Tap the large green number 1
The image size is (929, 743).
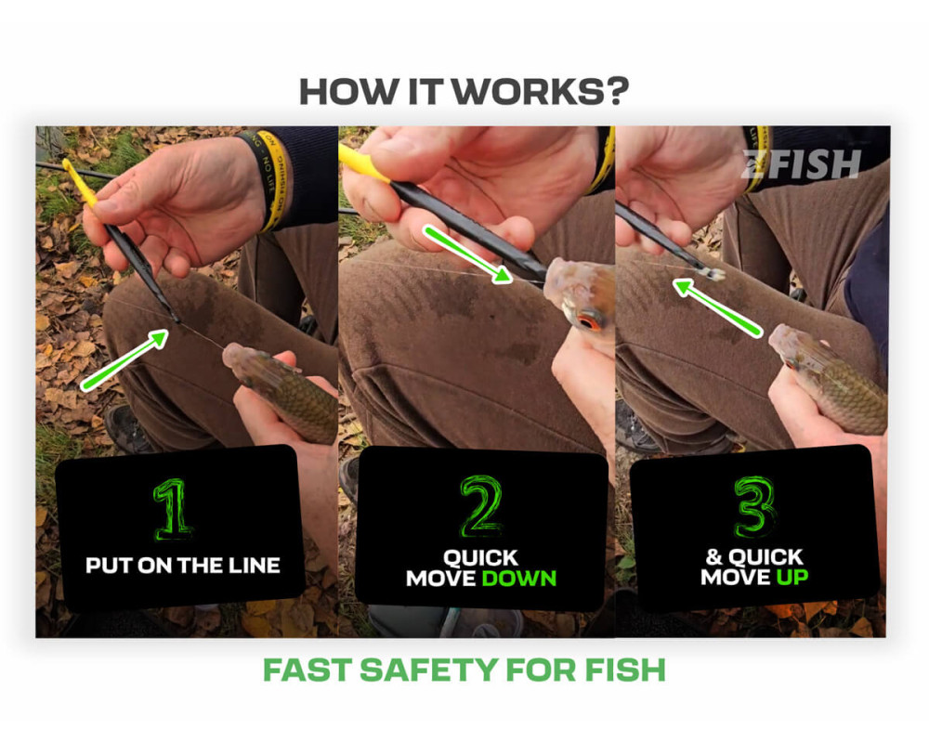(x=173, y=510)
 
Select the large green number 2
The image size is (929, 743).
(x=480, y=505)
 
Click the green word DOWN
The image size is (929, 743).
(x=519, y=579)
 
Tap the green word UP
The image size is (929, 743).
(x=792, y=577)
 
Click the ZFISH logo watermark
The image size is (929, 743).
(x=801, y=164)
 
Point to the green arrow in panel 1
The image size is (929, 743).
(x=124, y=360)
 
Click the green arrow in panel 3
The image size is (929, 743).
(x=717, y=309)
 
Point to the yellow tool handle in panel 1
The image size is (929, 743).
(x=79, y=182)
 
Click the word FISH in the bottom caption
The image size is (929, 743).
(x=625, y=671)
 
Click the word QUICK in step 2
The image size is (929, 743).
(x=480, y=557)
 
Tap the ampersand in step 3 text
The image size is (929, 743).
(x=713, y=556)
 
